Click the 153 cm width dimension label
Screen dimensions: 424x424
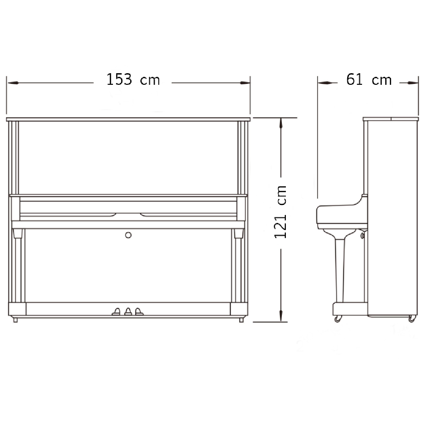coord(133,79)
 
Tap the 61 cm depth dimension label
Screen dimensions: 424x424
coord(369,79)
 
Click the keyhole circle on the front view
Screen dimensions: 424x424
coord(128,235)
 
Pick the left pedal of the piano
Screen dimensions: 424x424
coord(116,311)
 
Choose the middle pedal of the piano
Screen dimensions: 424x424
coord(128,311)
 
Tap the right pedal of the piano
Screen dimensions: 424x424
coord(139,311)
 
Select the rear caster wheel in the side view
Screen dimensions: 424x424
coord(412,319)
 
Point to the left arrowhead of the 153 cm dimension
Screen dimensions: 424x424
coord(13,83)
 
